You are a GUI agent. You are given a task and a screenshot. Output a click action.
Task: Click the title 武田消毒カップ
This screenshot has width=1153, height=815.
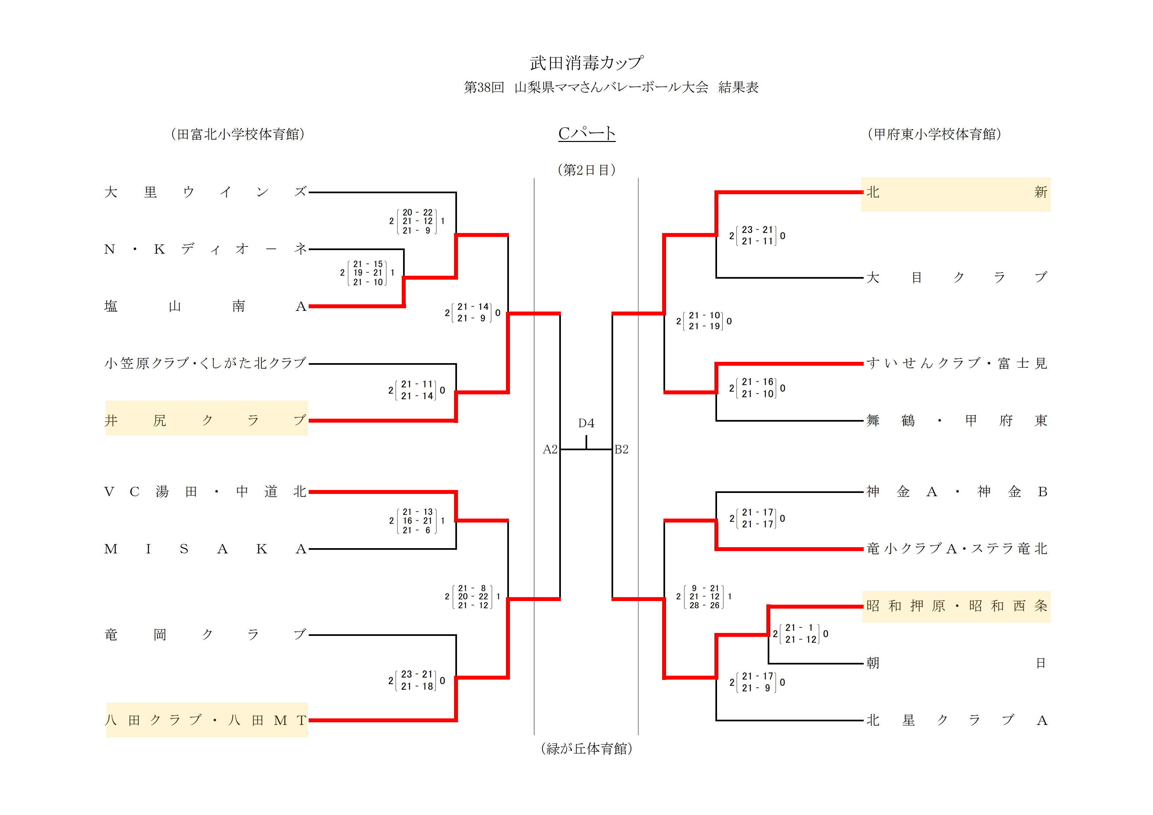click(x=586, y=63)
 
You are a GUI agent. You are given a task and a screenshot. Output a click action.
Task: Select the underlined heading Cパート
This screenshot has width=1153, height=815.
click(x=587, y=133)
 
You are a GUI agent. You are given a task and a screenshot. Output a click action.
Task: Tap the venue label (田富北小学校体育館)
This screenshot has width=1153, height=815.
click(x=237, y=134)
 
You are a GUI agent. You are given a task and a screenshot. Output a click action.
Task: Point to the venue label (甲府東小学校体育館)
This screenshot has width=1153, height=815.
click(x=934, y=134)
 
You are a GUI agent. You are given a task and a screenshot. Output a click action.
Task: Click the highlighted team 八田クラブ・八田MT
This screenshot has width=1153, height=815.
click(x=206, y=721)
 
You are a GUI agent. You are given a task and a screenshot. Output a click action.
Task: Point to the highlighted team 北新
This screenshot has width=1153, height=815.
click(x=956, y=193)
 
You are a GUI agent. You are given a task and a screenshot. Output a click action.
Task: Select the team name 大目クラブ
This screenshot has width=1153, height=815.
click(x=956, y=277)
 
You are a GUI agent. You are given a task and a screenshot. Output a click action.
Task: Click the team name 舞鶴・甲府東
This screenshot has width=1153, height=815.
click(x=956, y=421)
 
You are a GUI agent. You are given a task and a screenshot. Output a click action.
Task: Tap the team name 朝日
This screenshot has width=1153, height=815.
click(x=956, y=664)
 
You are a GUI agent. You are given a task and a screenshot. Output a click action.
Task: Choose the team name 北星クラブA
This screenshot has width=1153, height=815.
click(x=956, y=721)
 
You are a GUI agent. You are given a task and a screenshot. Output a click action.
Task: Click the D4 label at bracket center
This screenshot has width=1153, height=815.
click(x=586, y=423)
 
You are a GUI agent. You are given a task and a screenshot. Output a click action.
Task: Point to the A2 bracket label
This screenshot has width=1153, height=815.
click(x=550, y=450)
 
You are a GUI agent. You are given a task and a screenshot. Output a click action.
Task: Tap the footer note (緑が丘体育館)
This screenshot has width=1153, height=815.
click(x=586, y=749)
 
